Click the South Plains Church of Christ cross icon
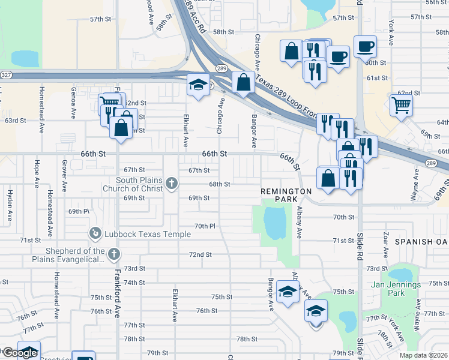[172, 184]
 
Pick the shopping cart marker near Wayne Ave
[400, 105]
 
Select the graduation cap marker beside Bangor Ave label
[289, 293]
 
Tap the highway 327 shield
[6, 75]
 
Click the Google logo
[20, 353]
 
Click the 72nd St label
[200, 254]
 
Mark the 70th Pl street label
[205, 226]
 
